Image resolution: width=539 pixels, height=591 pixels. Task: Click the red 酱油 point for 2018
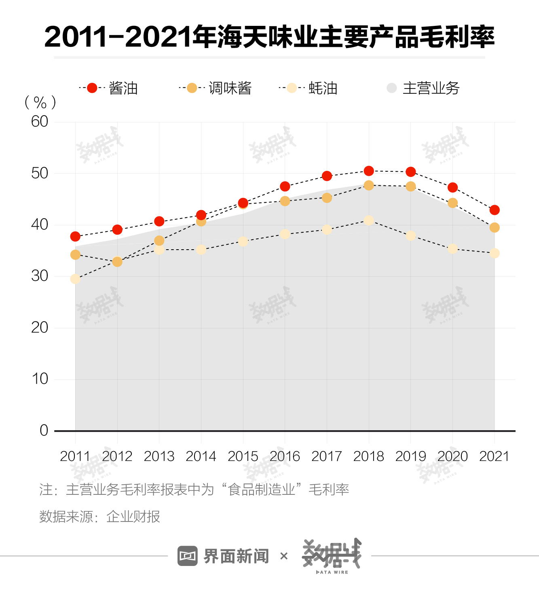coord(369,171)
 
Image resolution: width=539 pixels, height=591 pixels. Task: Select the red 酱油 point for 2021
coord(494,210)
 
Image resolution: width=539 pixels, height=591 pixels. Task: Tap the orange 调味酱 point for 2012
coord(117,262)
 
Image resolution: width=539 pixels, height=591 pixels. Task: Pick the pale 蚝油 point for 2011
coord(75,279)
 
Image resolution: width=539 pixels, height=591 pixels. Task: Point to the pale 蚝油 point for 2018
coord(369,220)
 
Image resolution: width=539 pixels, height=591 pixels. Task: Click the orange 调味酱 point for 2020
coord(452,203)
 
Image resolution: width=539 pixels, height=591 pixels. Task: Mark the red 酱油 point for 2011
coord(75,236)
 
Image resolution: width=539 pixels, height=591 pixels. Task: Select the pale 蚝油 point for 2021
coord(494,253)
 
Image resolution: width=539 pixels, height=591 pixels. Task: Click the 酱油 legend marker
coord(92,88)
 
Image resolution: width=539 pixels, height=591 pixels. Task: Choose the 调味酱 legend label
coord(230,88)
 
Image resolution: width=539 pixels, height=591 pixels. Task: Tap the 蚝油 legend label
coord(323,88)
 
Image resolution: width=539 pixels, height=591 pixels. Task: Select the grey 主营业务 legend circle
coord(392,88)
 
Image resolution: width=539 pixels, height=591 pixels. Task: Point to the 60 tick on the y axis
coord(40,122)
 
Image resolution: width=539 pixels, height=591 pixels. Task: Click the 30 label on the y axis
coord(40,276)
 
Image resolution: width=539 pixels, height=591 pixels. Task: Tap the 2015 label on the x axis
coord(243,456)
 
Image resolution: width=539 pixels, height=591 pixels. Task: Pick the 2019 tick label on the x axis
coord(410,456)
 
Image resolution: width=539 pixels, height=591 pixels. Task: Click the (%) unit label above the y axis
coord(40,103)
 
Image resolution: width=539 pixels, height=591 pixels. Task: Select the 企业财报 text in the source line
coord(133,517)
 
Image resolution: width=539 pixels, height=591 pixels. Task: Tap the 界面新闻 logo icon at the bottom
coord(188,556)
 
